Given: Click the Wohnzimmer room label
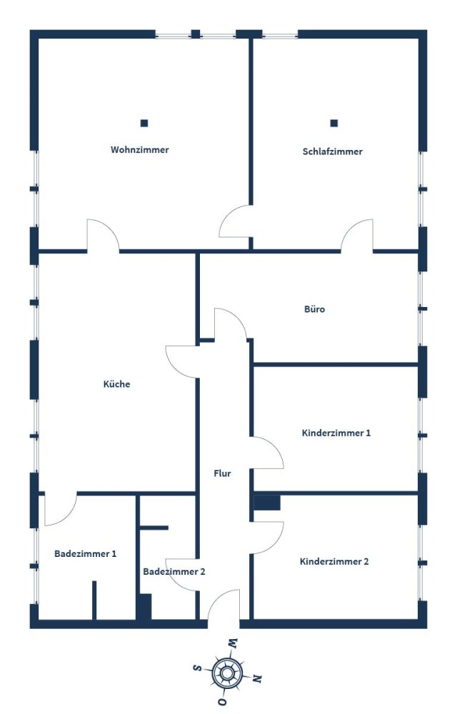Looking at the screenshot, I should pos(139,150).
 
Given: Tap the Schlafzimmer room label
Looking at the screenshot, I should pos(332,151).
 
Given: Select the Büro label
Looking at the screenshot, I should pos(314,309).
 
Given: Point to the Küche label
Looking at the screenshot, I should pos(117,383).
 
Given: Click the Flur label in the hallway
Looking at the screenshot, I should pos(222,473).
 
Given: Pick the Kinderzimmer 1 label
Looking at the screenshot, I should pos(336,433).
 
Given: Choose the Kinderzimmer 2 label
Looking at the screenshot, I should pos(334,561).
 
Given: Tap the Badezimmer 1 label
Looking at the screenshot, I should pos(85,553).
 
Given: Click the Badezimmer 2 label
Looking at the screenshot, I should pos(174,571).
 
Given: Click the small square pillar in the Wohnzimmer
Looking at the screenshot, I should pos(144,123).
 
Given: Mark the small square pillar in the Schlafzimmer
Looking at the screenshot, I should pos(333,123).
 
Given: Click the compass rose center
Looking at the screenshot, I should pos(227,673).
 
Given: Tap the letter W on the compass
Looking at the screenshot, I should pos(233,643).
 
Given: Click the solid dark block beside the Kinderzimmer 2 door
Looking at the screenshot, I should pos(267,503).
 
